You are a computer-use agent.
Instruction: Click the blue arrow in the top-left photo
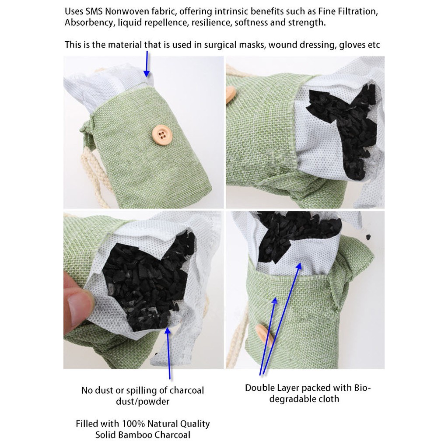coord(147,64)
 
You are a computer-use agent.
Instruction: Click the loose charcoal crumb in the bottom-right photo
coord(368,237)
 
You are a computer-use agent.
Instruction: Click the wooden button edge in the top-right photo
coord(231,95)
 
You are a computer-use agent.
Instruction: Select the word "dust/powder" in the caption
coord(143,402)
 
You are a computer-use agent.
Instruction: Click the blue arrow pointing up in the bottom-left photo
coord(168,353)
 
